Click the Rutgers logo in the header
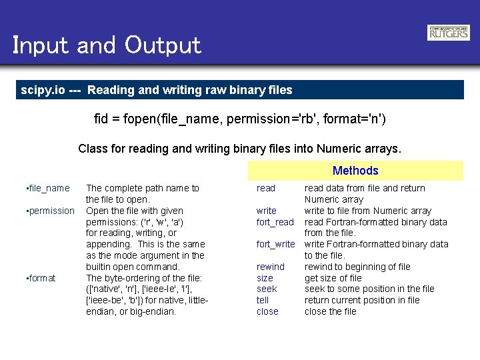pyautogui.click(x=448, y=33)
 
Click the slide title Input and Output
pyautogui.click(x=107, y=45)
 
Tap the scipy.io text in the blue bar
pyautogui.click(x=43, y=89)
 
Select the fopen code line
pyautogui.click(x=240, y=119)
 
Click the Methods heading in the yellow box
pyautogui.click(x=355, y=171)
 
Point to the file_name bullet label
pyautogui.click(x=47, y=189)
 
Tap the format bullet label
pyautogui.click(x=41, y=278)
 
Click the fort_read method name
pyautogui.click(x=275, y=222)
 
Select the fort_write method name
pyautogui.click(x=275, y=244)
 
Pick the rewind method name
pyautogui.click(x=270, y=267)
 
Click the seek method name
pyautogui.click(x=267, y=289)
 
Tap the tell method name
pyautogui.click(x=263, y=300)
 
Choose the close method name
pyautogui.click(x=267, y=311)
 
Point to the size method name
pyautogui.click(x=265, y=278)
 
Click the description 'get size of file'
pyautogui.click(x=333, y=278)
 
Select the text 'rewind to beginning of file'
pyautogui.click(x=357, y=267)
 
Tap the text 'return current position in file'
pyautogui.click(x=362, y=300)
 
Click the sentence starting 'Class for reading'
pyautogui.click(x=240, y=148)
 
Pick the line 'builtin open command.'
pyautogui.click(x=133, y=267)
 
